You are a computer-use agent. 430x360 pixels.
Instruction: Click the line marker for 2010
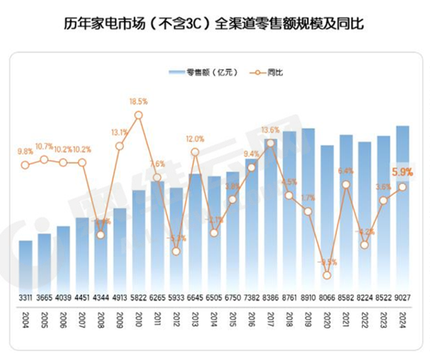click(139, 115)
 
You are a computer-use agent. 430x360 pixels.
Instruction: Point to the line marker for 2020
click(327, 275)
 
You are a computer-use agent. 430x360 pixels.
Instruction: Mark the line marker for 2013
click(195, 152)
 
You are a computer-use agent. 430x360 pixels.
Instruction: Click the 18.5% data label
click(139, 101)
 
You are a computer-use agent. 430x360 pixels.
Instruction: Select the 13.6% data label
click(270, 130)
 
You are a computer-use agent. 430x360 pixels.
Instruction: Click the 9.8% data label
click(26, 151)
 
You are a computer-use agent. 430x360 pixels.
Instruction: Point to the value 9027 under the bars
click(403, 297)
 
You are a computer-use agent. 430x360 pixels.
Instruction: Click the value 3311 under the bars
click(26, 297)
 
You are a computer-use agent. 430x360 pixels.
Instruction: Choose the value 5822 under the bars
click(139, 297)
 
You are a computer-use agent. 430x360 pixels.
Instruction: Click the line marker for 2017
click(270, 143)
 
